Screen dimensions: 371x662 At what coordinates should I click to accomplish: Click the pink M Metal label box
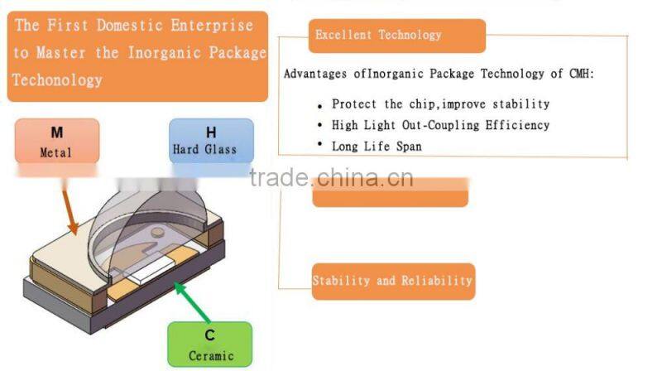coord(56,141)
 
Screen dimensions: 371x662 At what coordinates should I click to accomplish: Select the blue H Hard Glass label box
coord(211,140)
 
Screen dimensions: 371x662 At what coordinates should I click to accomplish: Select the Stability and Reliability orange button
coord(392,281)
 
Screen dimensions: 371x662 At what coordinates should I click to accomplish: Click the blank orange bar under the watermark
coord(390,195)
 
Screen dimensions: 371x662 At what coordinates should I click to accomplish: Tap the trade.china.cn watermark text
coord(331,178)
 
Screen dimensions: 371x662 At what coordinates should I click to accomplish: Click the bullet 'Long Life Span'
coord(376,146)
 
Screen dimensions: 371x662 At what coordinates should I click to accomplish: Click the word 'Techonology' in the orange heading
coord(57,79)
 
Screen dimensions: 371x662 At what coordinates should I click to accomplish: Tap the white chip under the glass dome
coord(151,267)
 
